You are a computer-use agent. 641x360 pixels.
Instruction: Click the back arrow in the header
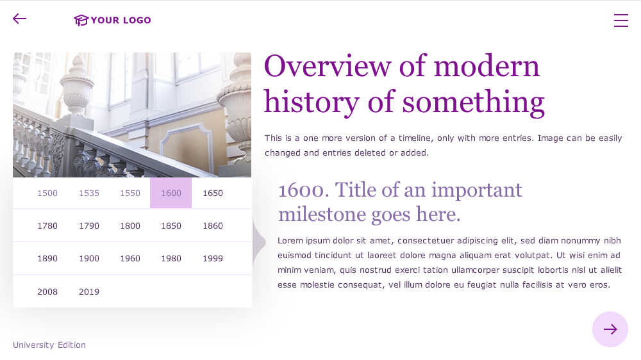click(19, 19)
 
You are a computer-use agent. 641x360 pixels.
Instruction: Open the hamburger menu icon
click(621, 20)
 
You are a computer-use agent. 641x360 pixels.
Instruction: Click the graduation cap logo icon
click(81, 20)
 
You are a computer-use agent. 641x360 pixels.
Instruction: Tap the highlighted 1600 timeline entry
click(171, 193)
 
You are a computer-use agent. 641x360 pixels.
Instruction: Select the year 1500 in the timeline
click(47, 193)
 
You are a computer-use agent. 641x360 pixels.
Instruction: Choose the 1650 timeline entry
click(213, 193)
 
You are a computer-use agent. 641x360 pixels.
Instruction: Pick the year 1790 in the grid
click(89, 225)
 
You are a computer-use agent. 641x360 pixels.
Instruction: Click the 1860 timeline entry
click(213, 225)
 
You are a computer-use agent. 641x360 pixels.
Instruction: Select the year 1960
click(130, 258)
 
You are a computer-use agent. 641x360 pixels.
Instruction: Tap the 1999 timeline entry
click(213, 258)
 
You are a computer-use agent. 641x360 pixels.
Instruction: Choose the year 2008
click(47, 291)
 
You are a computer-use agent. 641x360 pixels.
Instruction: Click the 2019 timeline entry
click(89, 291)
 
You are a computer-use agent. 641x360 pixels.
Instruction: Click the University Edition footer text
click(49, 345)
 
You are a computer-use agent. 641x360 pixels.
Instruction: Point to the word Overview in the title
click(328, 66)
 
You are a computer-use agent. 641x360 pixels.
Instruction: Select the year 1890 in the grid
click(47, 258)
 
